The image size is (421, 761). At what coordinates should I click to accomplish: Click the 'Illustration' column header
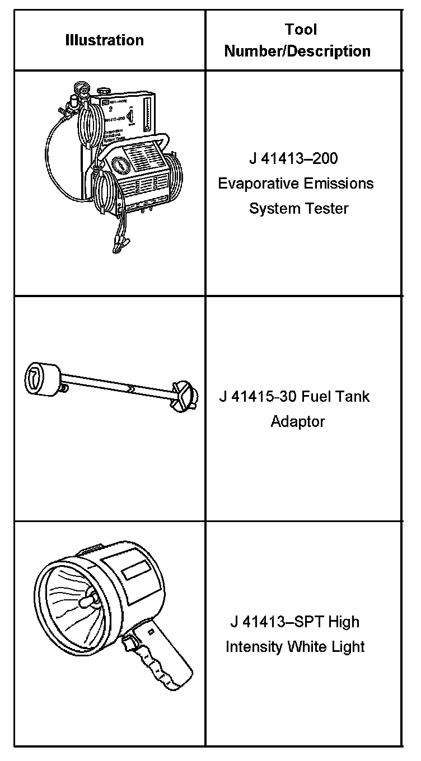tap(104, 40)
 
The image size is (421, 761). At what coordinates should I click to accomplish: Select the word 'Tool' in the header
tap(301, 29)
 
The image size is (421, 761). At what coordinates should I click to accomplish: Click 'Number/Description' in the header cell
tap(297, 51)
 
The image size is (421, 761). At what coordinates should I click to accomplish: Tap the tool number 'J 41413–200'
tap(293, 159)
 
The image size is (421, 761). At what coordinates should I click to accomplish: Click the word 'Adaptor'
tap(297, 421)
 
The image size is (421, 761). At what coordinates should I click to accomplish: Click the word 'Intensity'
tap(254, 647)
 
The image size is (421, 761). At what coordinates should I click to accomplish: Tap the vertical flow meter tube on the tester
tap(147, 115)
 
